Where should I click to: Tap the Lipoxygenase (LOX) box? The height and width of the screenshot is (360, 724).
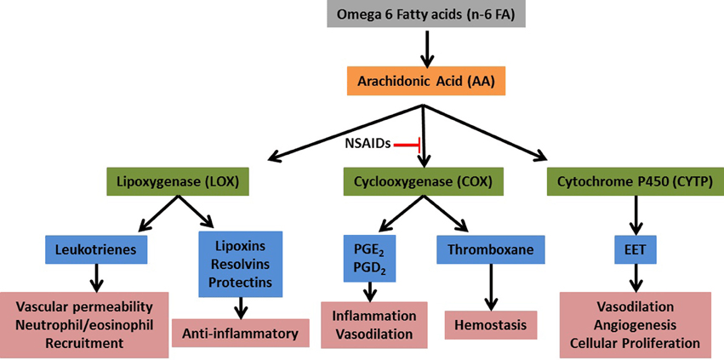tap(176, 180)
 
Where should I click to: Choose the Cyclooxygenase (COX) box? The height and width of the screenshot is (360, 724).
tap(423, 180)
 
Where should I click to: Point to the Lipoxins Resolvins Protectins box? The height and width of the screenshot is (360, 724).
tap(242, 263)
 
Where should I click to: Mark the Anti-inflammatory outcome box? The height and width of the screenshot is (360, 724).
tap(241, 333)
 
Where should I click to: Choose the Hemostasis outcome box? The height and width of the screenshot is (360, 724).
tap(492, 324)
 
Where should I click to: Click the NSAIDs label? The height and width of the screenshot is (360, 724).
tap(367, 144)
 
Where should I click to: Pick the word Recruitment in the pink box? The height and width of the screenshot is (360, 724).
tap(85, 343)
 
